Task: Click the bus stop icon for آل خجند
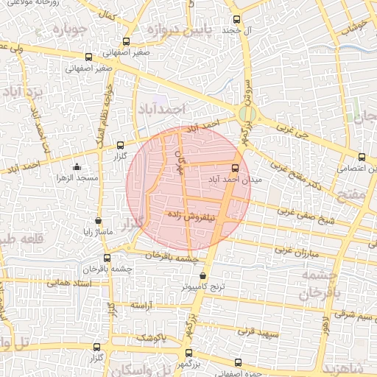[236, 20]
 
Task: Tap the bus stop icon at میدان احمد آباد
[236, 167]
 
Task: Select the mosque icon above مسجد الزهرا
[77, 167]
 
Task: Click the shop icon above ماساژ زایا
[99, 220]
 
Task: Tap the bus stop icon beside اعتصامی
[361, 156]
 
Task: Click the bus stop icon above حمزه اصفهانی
[237, 362]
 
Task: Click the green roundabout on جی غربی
[247, 115]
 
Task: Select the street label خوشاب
[359, 27]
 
